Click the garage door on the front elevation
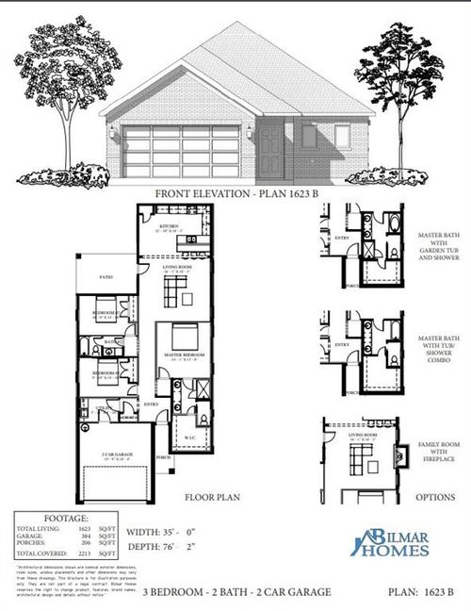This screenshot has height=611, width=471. pyautogui.click(x=184, y=145)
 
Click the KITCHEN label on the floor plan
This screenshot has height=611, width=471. pyautogui.click(x=169, y=226)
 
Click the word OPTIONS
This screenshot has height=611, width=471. pyautogui.click(x=435, y=496)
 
